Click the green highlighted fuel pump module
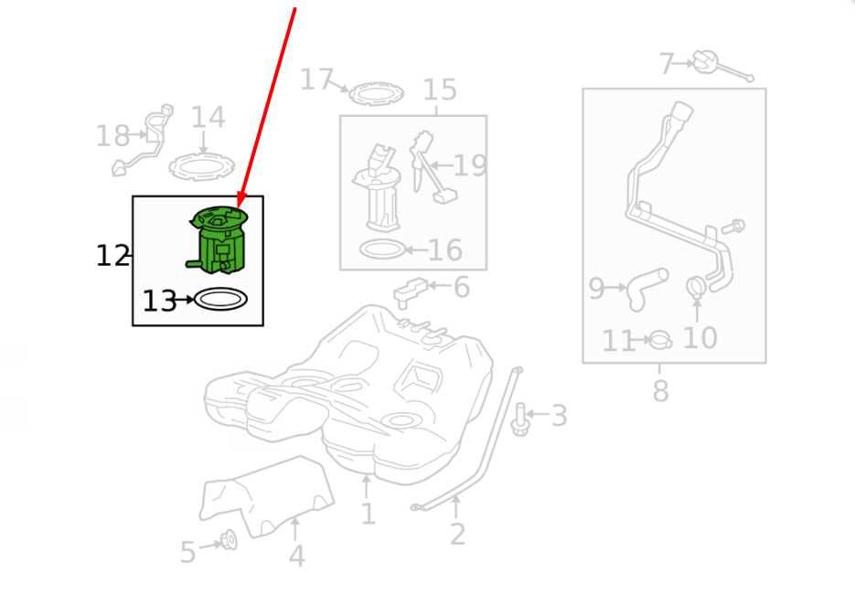[x=219, y=239]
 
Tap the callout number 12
[x=112, y=256]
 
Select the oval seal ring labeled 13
[x=221, y=299]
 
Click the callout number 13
[x=159, y=301]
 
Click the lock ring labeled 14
[x=201, y=166]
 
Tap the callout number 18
[x=112, y=135]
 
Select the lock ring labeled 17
[x=376, y=94]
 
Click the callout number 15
[x=440, y=90]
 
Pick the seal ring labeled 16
[x=383, y=249]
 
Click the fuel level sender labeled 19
[x=431, y=166]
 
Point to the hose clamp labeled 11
[x=661, y=341]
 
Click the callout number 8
[x=660, y=391]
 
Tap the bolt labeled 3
[x=519, y=419]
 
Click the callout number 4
[x=296, y=556]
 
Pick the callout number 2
[x=457, y=534]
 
